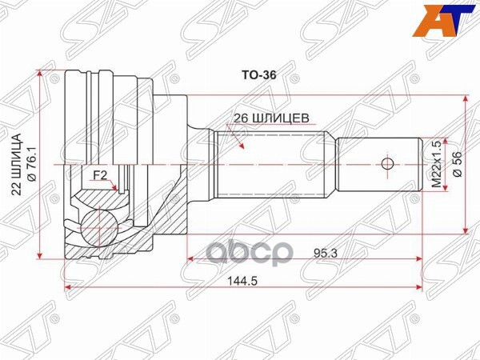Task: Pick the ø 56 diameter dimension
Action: [x=457, y=165]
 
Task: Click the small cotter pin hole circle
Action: [x=387, y=165]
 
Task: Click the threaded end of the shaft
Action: [x=376, y=165]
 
